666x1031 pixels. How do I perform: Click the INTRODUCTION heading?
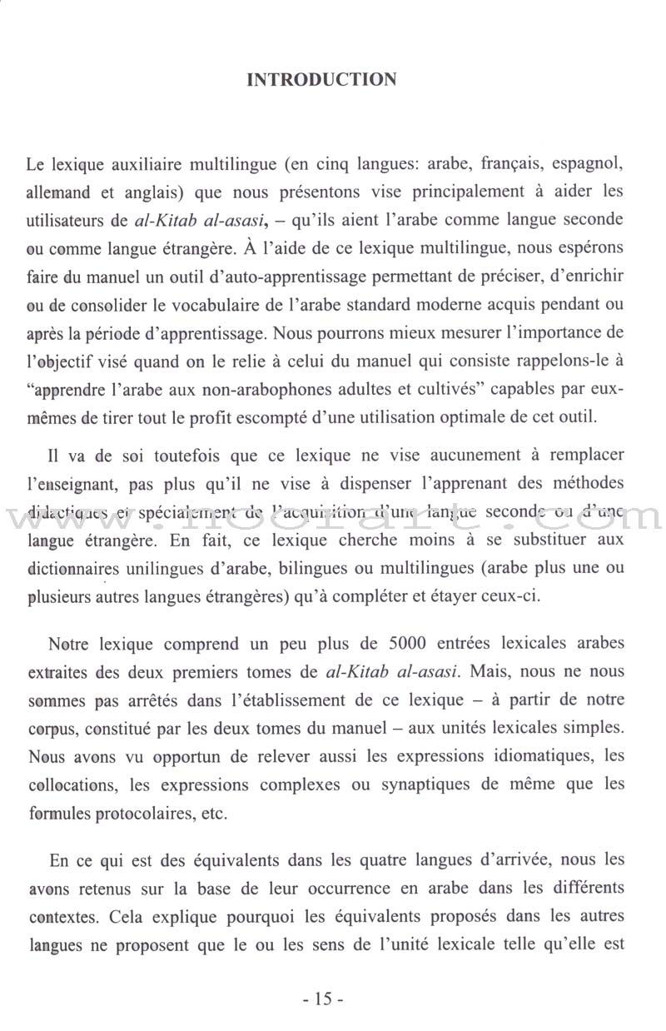tap(322, 80)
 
